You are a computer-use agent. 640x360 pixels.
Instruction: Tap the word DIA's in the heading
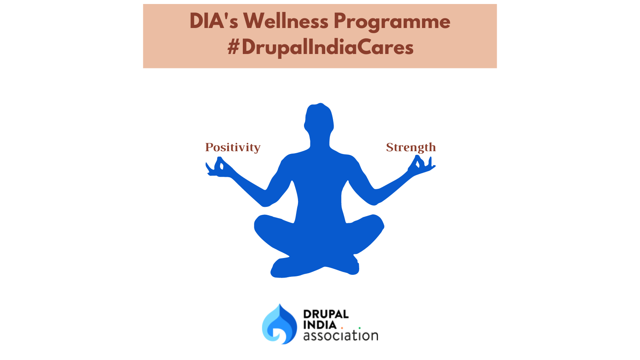[x=214, y=21]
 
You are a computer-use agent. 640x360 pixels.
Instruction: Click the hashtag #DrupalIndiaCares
[x=320, y=48]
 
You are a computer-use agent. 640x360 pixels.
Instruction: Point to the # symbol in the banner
[x=233, y=48]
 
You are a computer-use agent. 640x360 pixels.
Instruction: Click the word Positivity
[x=233, y=148]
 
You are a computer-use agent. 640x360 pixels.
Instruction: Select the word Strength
[x=411, y=148]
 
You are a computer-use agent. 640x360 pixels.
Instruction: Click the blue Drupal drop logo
[x=280, y=324]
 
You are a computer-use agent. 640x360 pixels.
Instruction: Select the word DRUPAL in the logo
[x=326, y=314]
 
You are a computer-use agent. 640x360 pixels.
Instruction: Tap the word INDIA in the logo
[x=320, y=325]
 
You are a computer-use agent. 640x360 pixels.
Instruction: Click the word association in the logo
[x=340, y=336]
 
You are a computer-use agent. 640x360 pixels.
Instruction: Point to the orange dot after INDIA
[x=342, y=328]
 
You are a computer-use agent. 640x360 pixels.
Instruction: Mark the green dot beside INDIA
[x=360, y=328]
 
